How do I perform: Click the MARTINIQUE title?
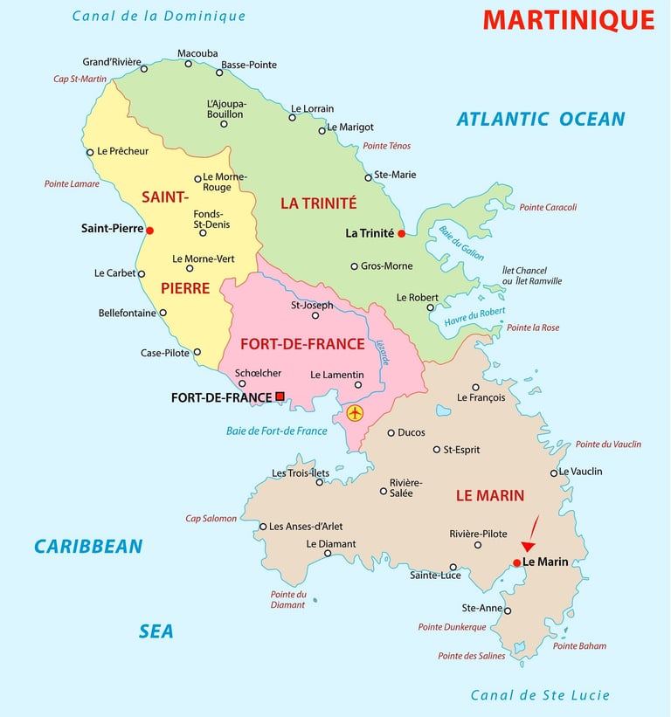(x=568, y=19)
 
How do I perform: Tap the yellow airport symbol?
(x=355, y=413)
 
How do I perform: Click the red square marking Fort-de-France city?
(x=280, y=396)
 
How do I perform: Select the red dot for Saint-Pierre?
(x=150, y=231)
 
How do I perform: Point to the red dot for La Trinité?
(x=401, y=233)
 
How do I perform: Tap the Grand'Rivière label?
(x=112, y=62)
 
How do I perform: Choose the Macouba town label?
(x=197, y=53)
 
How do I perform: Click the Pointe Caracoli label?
(x=548, y=208)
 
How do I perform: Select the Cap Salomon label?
(x=211, y=519)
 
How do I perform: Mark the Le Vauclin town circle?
(x=554, y=473)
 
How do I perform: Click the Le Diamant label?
(x=331, y=544)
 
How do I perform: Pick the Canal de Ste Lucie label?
(x=540, y=696)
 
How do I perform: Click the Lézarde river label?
(x=382, y=354)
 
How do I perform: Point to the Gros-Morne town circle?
(x=354, y=266)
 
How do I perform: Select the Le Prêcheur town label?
(x=123, y=151)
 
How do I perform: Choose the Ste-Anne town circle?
(x=508, y=610)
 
